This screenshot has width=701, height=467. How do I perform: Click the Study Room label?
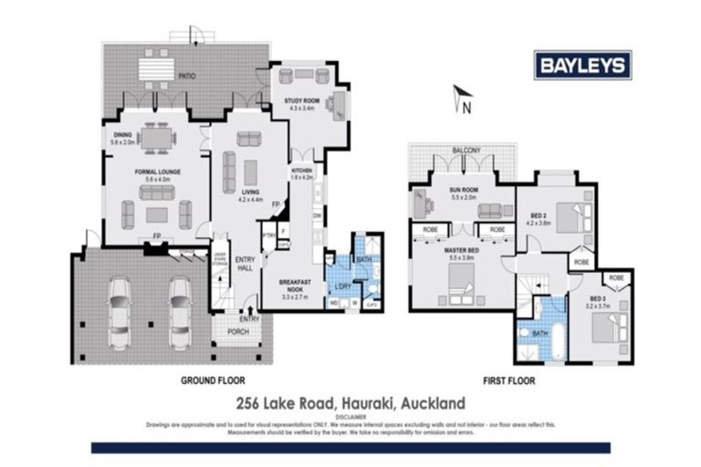[302, 103]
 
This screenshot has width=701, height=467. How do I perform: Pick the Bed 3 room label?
[597, 300]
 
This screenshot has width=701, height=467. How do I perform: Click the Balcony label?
[466, 150]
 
